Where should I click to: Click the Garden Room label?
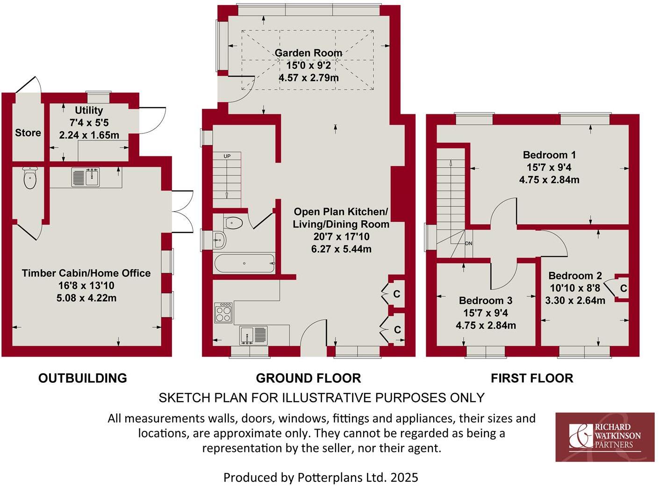[x=308, y=53]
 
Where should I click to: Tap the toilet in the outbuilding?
[x=30, y=178]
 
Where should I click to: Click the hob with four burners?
[x=223, y=312]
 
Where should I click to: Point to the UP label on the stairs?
[x=227, y=156]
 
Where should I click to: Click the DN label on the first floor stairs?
[x=468, y=243]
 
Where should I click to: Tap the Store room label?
[x=28, y=133]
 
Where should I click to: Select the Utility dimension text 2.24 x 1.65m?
[x=89, y=135]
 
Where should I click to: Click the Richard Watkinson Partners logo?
[x=605, y=437]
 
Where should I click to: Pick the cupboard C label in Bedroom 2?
[x=623, y=289]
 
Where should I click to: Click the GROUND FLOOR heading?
[x=308, y=378]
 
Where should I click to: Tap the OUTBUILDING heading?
[x=83, y=378]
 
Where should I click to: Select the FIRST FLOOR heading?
[x=531, y=378]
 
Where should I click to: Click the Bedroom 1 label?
[x=549, y=155]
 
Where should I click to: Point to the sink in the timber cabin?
[x=86, y=177]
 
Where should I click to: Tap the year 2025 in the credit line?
[x=404, y=477]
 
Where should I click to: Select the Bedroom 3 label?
[x=485, y=300]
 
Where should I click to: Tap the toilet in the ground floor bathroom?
[x=233, y=223]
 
